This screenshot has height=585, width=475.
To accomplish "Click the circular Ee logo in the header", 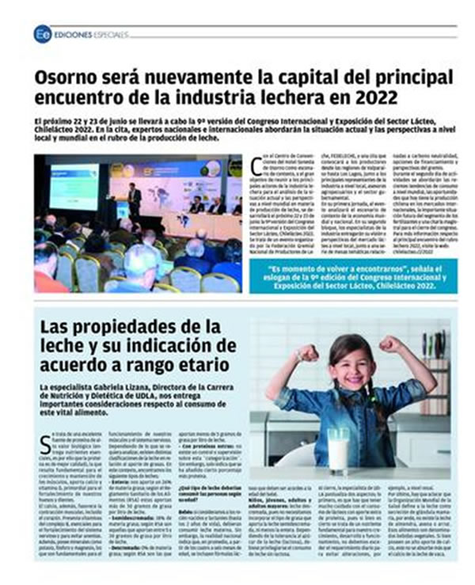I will click(42, 34).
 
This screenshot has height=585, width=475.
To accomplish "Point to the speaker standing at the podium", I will click(135, 199).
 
